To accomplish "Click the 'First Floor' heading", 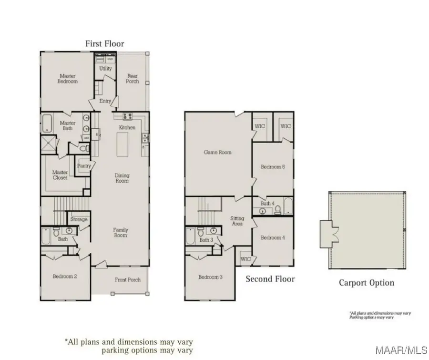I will (x=105, y=44).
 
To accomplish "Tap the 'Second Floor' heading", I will (x=270, y=279).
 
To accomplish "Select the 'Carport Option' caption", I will (x=366, y=283).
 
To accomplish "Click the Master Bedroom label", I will (x=67, y=79).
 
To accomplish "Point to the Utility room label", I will (x=105, y=69).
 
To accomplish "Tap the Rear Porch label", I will (x=133, y=79).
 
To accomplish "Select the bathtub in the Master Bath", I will (x=47, y=123).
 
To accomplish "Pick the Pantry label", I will (x=84, y=166).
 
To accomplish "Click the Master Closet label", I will (x=60, y=175).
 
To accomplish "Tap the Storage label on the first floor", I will (x=79, y=219).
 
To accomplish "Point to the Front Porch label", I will (x=128, y=280).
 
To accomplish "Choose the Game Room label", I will (x=217, y=153).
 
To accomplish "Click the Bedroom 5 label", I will (x=273, y=167).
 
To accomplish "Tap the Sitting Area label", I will (x=237, y=221).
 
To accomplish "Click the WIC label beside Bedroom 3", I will (x=245, y=259).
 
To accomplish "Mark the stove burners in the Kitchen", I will (x=127, y=116).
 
